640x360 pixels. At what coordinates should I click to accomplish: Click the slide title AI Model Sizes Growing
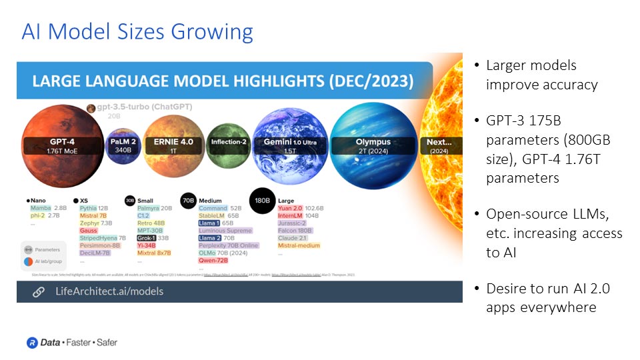point(137,31)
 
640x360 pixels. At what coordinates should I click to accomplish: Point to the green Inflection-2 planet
point(229,142)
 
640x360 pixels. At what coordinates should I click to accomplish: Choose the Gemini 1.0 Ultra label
point(289,146)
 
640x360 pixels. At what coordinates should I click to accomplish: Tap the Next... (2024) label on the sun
point(439,146)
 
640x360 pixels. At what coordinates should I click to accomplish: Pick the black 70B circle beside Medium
point(189,199)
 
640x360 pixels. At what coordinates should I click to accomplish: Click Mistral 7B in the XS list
point(93,216)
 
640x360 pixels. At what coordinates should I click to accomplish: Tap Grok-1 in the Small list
point(147,238)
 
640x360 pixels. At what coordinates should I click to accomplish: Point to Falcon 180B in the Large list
point(295,231)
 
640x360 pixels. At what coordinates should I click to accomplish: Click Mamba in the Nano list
point(41,208)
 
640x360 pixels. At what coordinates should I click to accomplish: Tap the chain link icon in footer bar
point(39,291)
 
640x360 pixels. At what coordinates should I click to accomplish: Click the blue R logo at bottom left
point(31,342)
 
